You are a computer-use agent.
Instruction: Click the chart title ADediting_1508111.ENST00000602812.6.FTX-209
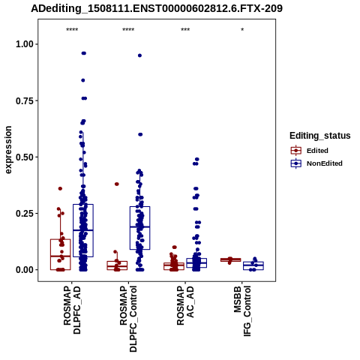pos(157,8)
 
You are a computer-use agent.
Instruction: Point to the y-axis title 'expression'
pos(8,150)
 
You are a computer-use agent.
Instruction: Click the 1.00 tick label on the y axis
pos(25,44)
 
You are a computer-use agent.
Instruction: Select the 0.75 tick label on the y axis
pos(25,100)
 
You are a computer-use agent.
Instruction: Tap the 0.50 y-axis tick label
pos(25,157)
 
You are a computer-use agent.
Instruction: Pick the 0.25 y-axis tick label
pos(25,214)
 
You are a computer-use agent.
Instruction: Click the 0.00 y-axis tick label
pos(25,270)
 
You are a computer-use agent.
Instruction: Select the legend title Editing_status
pos(320,136)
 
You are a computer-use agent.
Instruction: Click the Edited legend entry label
pos(317,151)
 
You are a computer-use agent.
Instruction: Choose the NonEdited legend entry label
pos(325,163)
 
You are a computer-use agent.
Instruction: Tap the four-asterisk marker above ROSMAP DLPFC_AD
pos(72,30)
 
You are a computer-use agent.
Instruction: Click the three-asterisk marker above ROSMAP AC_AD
pos(185,30)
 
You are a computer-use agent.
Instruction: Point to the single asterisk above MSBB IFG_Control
pos(242,30)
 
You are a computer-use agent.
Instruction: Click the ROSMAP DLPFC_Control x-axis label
pos(128,319)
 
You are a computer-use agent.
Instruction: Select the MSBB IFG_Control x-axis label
pos(242,311)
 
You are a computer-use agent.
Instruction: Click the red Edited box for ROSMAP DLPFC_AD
pos(61,254)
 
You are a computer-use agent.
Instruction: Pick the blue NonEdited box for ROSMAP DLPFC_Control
pos(139,228)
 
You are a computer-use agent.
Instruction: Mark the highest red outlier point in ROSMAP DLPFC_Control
pos(117,184)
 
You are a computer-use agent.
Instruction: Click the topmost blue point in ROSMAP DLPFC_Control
pos(139,55)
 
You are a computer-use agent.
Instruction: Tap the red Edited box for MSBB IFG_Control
pos(230,260)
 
